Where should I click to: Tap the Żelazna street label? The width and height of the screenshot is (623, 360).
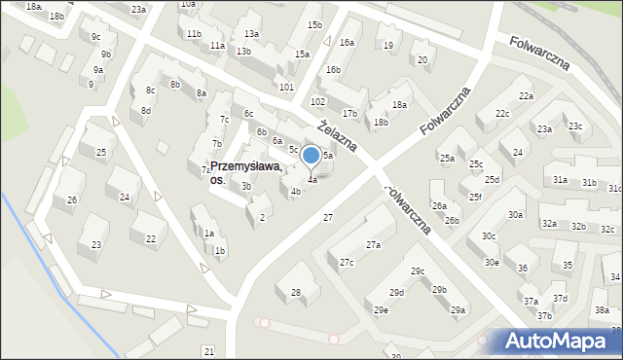click(x=338, y=135)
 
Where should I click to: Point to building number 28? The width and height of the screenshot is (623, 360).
click(x=296, y=292)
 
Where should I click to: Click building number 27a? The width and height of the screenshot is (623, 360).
click(x=373, y=245)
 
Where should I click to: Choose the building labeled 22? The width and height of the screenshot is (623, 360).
click(x=150, y=238)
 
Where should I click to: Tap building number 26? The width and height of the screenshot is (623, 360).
click(x=71, y=199)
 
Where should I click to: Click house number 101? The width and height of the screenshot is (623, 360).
click(x=286, y=88)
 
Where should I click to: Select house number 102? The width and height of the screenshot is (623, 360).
click(x=316, y=101)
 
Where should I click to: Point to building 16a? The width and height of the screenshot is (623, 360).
click(x=347, y=43)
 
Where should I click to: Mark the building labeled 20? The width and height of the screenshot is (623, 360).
click(x=421, y=59)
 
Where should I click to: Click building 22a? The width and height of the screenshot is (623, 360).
click(x=526, y=95)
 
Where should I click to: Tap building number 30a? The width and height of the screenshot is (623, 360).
click(x=515, y=214)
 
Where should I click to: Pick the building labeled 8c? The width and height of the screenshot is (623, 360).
click(x=151, y=90)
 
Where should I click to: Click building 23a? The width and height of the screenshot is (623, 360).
click(x=139, y=9)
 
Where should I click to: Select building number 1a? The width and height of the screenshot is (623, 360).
click(x=208, y=234)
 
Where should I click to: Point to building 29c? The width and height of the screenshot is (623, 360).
click(x=418, y=270)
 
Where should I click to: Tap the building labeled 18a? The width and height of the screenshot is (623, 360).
click(x=399, y=104)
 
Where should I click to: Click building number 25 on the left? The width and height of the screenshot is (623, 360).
click(x=100, y=152)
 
